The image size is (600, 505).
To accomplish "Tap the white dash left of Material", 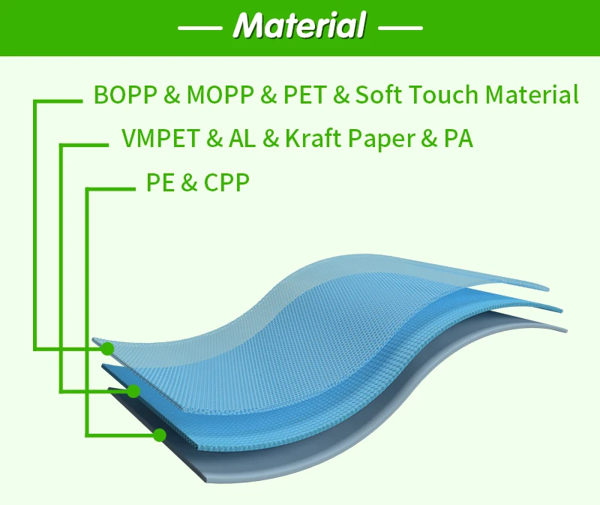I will click(x=200, y=28).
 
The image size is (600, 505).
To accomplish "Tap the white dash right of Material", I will click(x=400, y=28).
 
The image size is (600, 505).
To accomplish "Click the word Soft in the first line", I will click(x=379, y=95).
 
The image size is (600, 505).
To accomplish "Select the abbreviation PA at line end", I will click(x=459, y=139).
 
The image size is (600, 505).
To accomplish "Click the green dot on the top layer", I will click(x=107, y=348).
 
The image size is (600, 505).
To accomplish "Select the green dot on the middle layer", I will click(x=133, y=391).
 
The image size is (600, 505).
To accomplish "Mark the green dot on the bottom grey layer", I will click(x=160, y=434).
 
